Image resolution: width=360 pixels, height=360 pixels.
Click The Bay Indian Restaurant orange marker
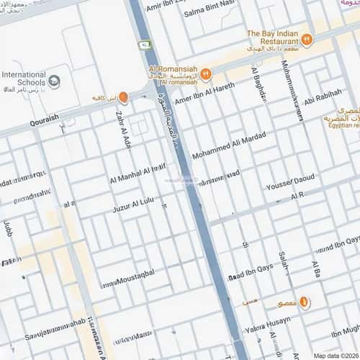[x=307, y=40]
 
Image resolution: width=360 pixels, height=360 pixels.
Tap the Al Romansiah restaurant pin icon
[x=205, y=73]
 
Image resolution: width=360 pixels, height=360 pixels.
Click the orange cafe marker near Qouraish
[x=123, y=97]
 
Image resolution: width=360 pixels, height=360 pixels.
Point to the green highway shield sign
[x=146, y=45]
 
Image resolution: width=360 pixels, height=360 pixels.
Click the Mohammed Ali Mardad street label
[x=228, y=145]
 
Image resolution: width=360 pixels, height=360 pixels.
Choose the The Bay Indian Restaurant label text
[x=274, y=37]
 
